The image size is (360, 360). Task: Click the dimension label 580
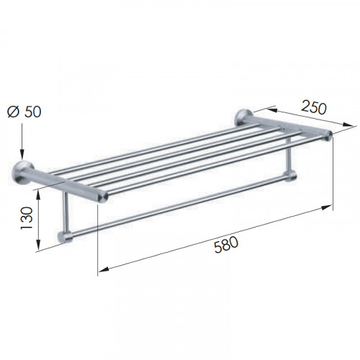click(226, 244)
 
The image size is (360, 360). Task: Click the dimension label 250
click(314, 107)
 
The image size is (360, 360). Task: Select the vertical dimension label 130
click(27, 218)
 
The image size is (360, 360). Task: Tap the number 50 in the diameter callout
click(32, 112)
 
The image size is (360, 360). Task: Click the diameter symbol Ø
click(13, 112)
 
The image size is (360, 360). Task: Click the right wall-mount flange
click(243, 117)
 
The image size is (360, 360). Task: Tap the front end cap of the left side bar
click(103, 197)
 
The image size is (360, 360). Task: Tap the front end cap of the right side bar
click(328, 135)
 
